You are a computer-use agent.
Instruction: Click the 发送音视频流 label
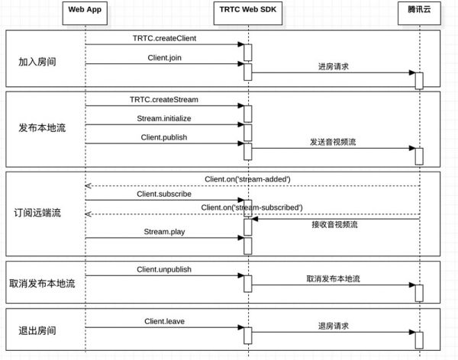tap(333, 143)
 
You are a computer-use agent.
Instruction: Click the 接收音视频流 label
tap(334, 225)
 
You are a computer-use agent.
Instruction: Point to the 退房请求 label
tap(334, 326)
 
